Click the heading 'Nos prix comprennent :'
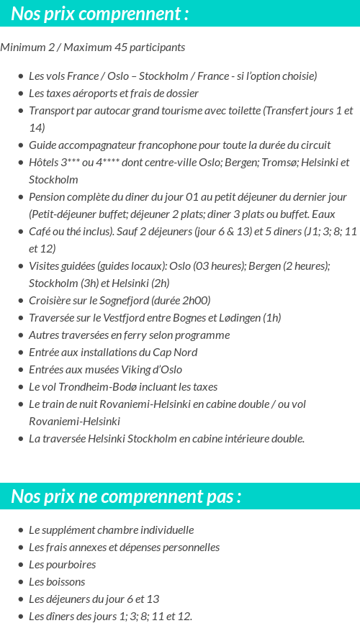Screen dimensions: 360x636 pos(100,14)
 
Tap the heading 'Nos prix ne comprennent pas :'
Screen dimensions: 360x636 pos(126,496)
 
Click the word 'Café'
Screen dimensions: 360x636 pos(42,232)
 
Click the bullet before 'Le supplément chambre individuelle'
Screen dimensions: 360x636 pos(21,530)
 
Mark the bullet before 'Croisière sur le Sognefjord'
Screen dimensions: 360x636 pos(21,301)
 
